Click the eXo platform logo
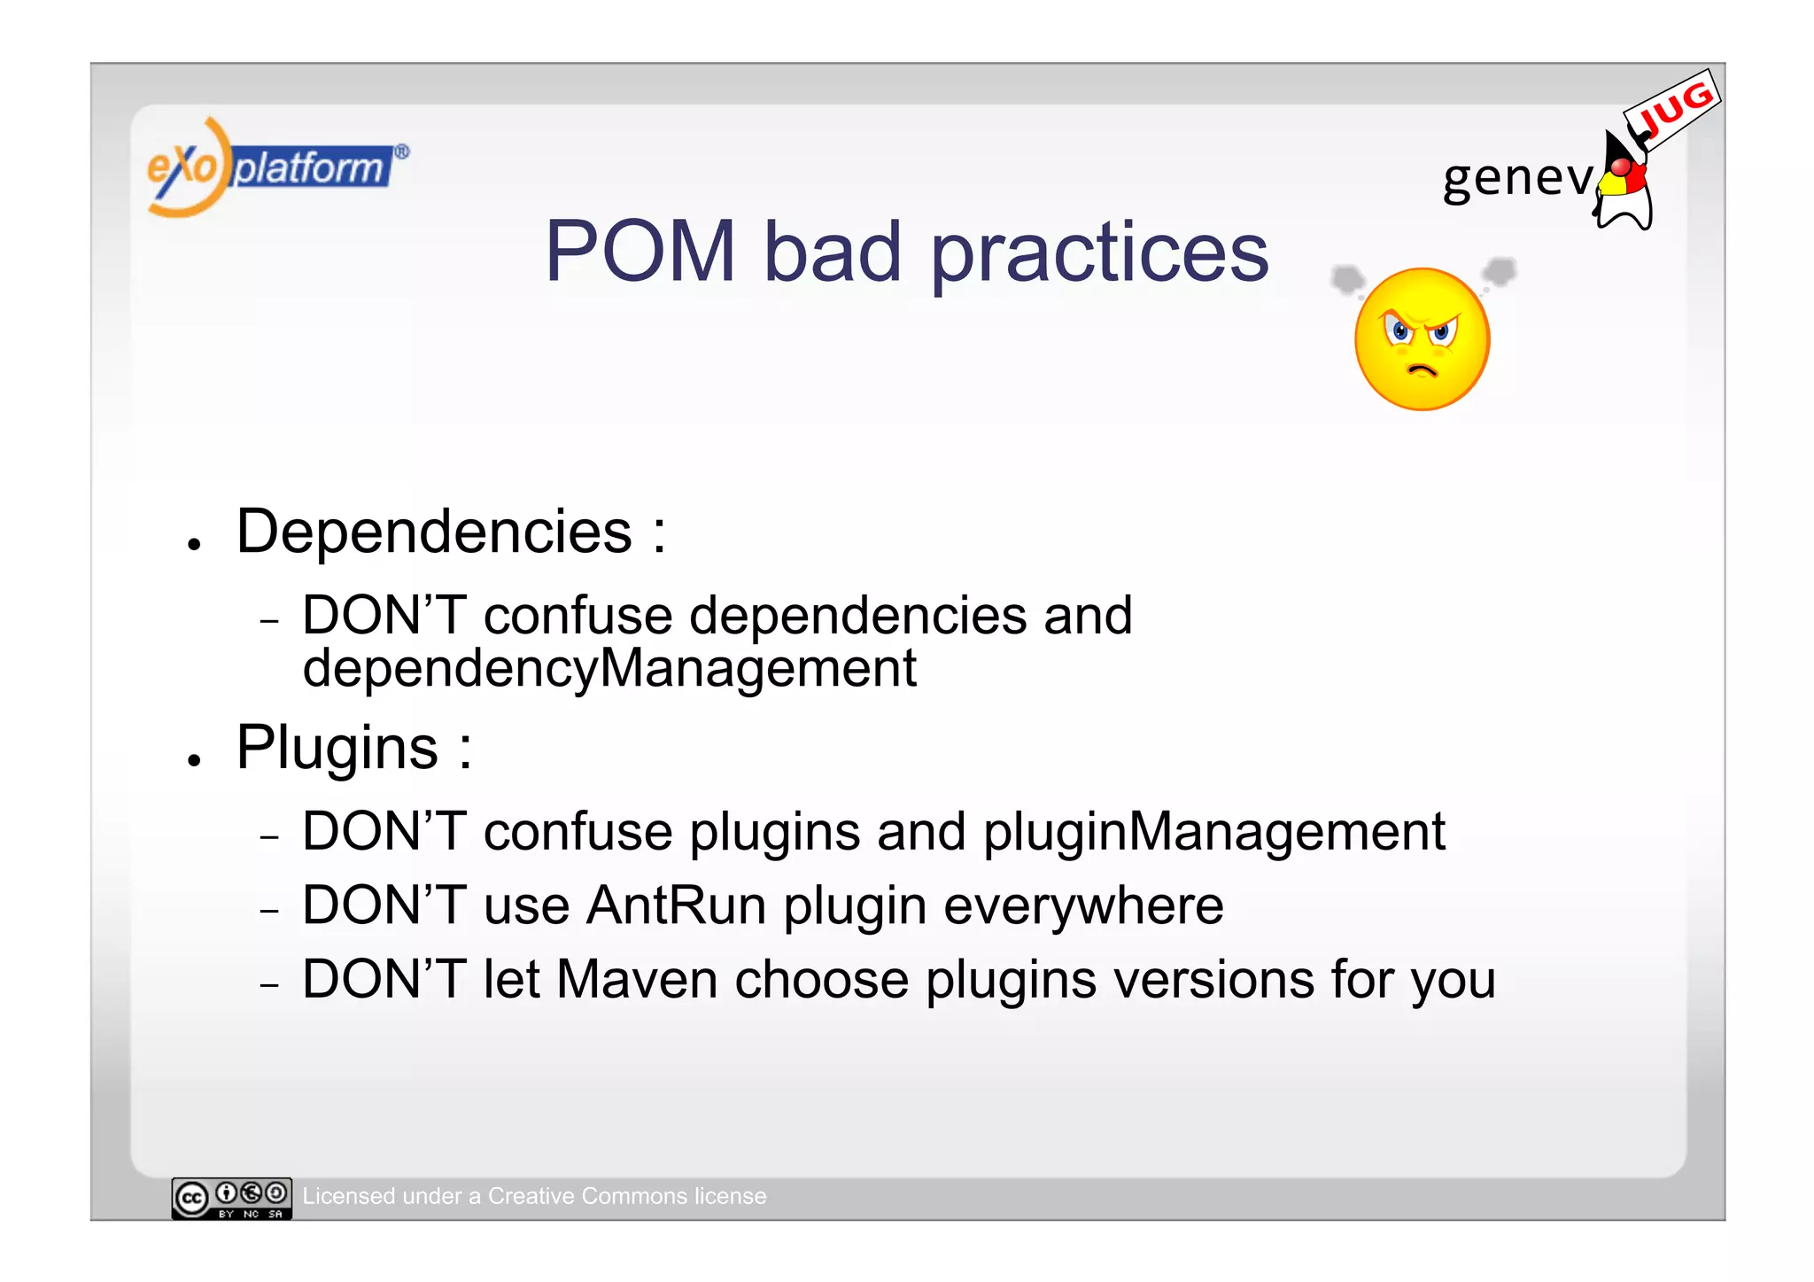click(275, 167)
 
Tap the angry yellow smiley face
click(1422, 339)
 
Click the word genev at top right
click(1516, 177)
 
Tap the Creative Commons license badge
click(231, 1198)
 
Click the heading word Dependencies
click(434, 532)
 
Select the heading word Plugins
click(337, 749)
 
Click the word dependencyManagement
click(609, 669)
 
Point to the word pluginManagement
click(1213, 833)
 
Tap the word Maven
click(636, 980)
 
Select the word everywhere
click(1083, 906)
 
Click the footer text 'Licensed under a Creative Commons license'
click(534, 1196)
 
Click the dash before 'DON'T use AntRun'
click(270, 911)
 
